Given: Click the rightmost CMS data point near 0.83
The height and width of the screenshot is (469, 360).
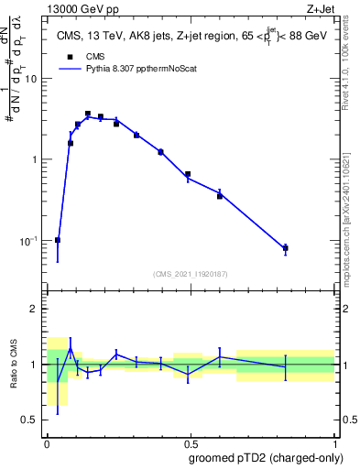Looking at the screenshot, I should click(286, 248).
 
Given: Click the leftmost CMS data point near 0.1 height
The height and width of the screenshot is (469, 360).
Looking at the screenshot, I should click(58, 240).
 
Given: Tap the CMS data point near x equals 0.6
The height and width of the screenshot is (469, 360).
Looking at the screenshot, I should click(220, 195).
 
